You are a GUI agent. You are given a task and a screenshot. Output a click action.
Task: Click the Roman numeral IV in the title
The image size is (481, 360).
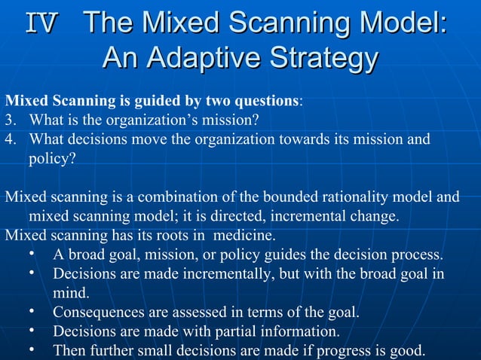[41, 23]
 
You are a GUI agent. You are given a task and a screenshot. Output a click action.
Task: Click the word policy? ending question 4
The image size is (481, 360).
[52, 159]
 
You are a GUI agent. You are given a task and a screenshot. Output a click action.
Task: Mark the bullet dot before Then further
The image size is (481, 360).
[32, 349]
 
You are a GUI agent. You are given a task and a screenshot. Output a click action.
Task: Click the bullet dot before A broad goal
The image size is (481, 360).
[32, 253]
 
